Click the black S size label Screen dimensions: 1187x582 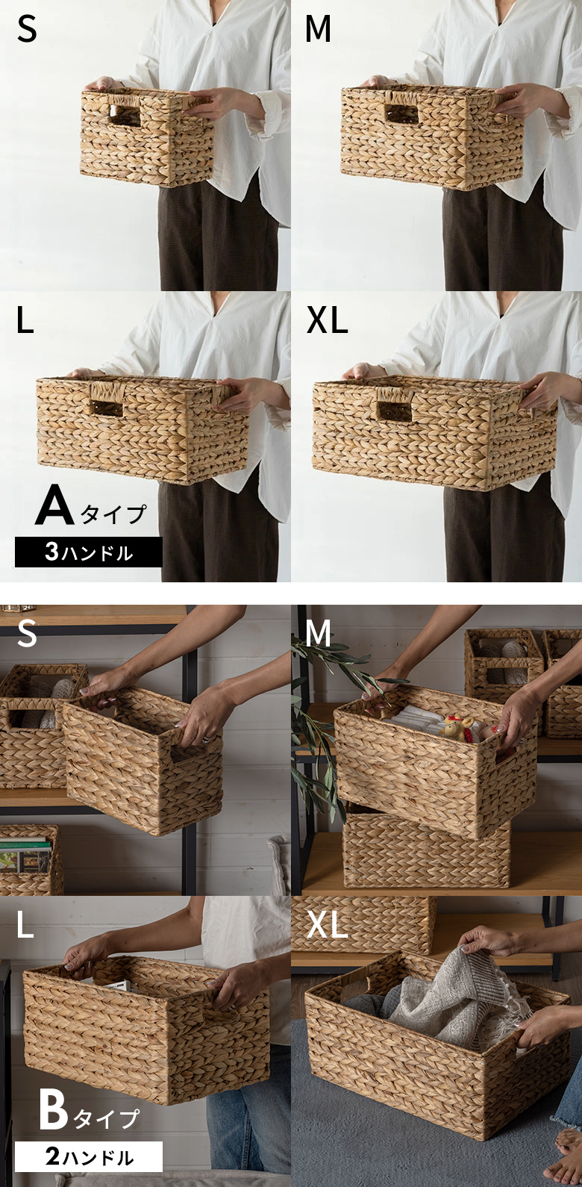[27, 29]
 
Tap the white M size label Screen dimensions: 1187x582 [319, 634]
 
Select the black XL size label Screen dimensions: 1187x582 [327, 320]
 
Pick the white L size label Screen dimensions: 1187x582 [25, 925]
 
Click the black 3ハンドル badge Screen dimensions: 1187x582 [88, 552]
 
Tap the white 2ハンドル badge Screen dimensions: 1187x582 [88, 1156]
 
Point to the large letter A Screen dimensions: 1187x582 [54, 505]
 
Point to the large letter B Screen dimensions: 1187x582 [54, 1110]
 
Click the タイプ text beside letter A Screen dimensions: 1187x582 [113, 514]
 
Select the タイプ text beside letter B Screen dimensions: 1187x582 [106, 1118]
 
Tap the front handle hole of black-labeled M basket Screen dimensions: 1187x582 [402, 113]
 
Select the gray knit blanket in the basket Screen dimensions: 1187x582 [448, 1000]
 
